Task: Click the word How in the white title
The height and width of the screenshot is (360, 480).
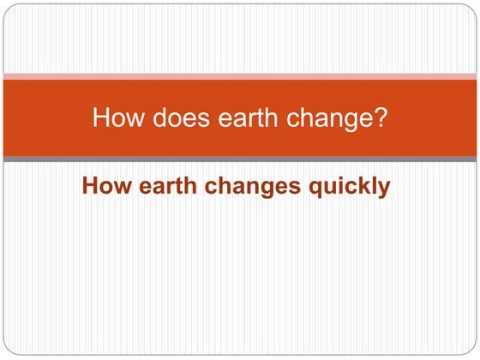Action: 112,117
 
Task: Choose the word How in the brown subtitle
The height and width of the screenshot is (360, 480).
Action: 102,186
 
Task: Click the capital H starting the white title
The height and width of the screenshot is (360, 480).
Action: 100,117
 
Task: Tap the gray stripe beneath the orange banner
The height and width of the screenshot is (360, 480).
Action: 240,159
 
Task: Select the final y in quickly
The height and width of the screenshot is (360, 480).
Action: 384,189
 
